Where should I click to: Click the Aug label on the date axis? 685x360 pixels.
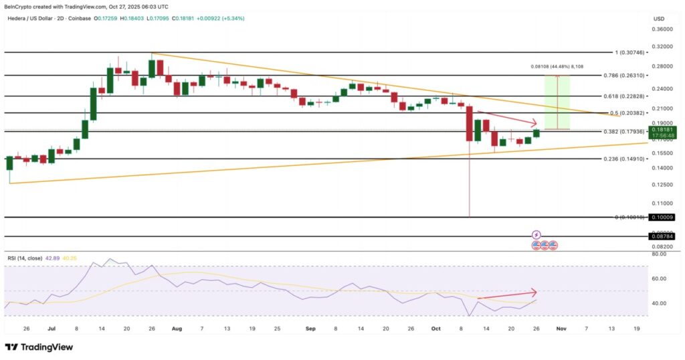click(177, 329)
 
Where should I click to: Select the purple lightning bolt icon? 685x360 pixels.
click(536, 235)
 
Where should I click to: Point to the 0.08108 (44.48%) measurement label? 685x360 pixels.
click(557, 66)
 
